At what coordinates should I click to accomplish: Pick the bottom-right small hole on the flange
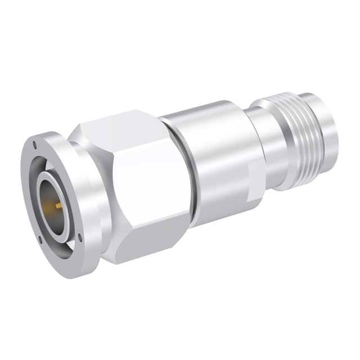80,237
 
